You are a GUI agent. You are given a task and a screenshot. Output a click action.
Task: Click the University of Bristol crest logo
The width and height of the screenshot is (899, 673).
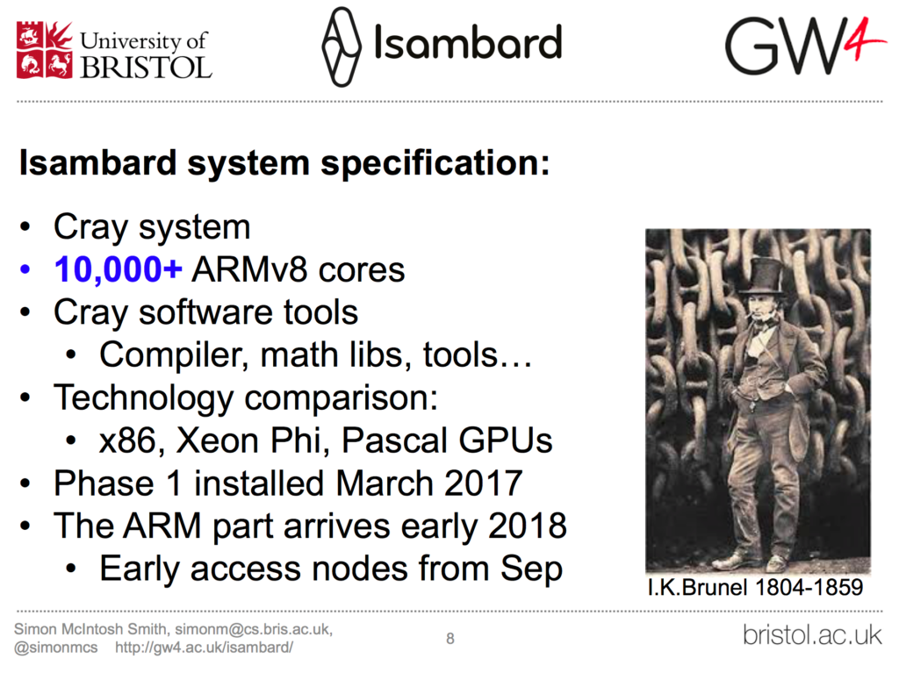pyautogui.click(x=45, y=49)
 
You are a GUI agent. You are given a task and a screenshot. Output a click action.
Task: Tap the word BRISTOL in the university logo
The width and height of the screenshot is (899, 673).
pyautogui.click(x=147, y=68)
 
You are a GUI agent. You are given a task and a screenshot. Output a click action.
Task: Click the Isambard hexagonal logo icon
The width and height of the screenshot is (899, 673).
pyautogui.click(x=342, y=47)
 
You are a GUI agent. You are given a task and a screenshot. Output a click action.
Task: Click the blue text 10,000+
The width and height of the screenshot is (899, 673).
pyautogui.click(x=119, y=269)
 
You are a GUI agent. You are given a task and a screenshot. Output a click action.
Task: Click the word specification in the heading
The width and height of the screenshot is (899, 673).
pyautogui.click(x=435, y=163)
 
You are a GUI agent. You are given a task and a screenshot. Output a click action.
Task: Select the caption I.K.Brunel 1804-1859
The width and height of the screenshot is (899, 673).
pyautogui.click(x=755, y=588)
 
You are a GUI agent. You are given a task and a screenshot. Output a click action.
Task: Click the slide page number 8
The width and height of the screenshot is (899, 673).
pyautogui.click(x=450, y=638)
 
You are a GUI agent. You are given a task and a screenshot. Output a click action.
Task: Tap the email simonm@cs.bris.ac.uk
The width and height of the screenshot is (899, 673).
pyautogui.click(x=253, y=629)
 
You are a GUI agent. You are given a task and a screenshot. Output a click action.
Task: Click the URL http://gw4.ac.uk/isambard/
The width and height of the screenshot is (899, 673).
pyautogui.click(x=204, y=648)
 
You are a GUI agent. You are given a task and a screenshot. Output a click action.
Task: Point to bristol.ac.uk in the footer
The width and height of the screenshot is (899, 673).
pyautogui.click(x=812, y=635)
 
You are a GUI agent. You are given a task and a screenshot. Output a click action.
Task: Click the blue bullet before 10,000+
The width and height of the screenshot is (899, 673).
pyautogui.click(x=25, y=268)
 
